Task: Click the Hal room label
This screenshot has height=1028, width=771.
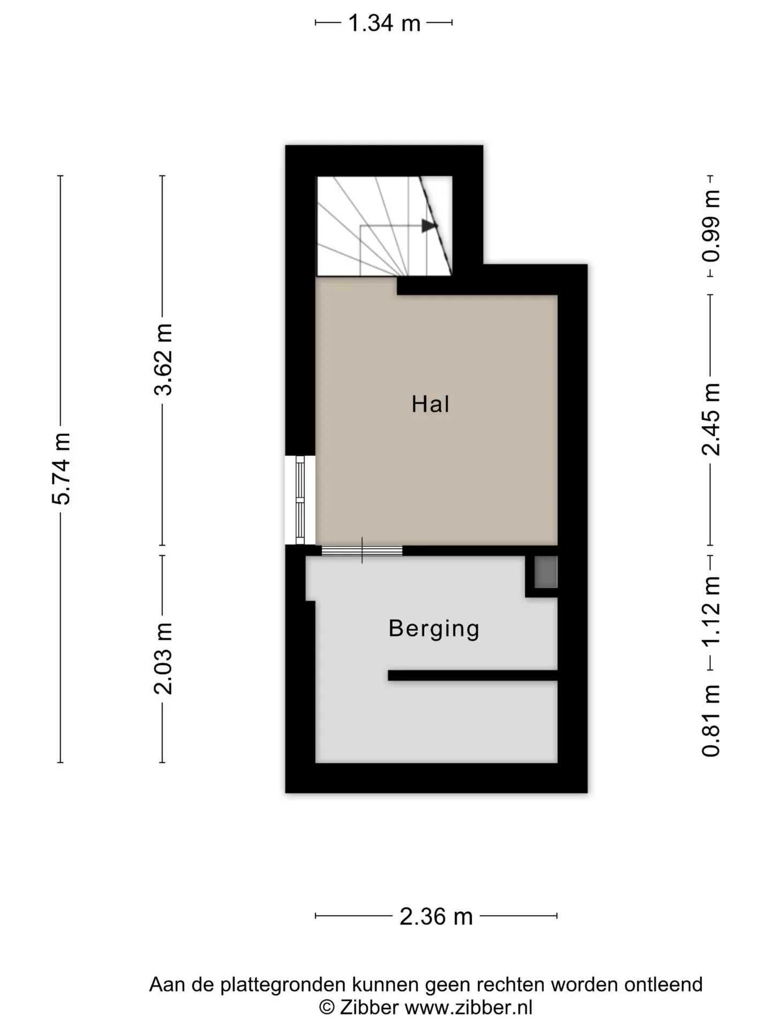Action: coord(430,404)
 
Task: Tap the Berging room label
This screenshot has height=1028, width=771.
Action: coord(434,629)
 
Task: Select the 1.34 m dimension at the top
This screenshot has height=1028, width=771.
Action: coord(384,23)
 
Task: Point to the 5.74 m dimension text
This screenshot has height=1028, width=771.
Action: coord(61,469)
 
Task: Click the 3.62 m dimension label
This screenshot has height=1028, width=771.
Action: coord(163,359)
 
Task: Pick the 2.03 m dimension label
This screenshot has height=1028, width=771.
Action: coord(163,659)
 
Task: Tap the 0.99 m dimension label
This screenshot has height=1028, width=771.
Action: coord(711,226)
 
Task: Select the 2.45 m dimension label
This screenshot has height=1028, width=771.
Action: coord(711,420)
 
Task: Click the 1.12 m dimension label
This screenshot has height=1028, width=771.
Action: coord(711,611)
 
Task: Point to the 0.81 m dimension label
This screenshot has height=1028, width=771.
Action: coord(711,721)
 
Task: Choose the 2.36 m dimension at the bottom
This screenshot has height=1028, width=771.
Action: coord(436,917)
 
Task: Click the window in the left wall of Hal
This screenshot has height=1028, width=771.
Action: coord(300,500)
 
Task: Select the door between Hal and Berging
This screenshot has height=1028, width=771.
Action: coord(362,550)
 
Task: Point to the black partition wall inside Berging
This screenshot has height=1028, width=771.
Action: coord(473,676)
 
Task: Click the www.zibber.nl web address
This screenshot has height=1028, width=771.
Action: coord(468,1008)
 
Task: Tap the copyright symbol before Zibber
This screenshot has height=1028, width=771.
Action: coord(327,1008)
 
